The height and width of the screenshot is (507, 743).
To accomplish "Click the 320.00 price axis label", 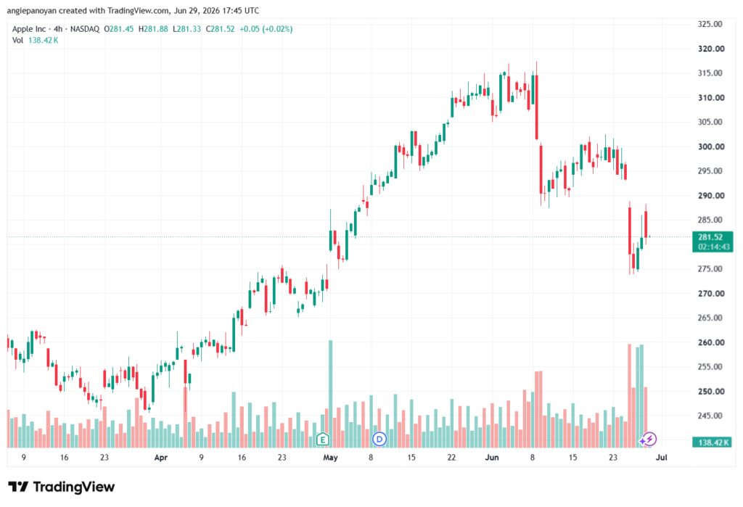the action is pyautogui.click(x=711, y=49).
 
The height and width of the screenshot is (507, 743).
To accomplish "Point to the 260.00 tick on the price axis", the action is pyautogui.click(x=711, y=342).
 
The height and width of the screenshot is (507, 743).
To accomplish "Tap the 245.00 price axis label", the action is pyautogui.click(x=711, y=416).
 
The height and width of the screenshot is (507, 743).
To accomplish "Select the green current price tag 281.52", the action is pyautogui.click(x=710, y=237).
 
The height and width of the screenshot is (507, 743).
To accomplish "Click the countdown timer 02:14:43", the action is pyautogui.click(x=713, y=247).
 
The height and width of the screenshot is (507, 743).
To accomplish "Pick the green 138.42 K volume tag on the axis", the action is pyautogui.click(x=713, y=442).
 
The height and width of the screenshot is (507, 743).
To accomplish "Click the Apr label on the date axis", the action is pyautogui.click(x=161, y=458).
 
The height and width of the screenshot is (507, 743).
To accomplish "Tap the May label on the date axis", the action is pyautogui.click(x=330, y=458).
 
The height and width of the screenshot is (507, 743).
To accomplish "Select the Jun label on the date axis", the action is pyautogui.click(x=492, y=458).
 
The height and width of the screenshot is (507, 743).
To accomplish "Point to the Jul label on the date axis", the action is pyautogui.click(x=662, y=458).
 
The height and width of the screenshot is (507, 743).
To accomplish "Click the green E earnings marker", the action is pyautogui.click(x=323, y=440).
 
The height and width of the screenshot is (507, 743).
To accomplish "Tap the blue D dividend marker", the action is pyautogui.click(x=379, y=440).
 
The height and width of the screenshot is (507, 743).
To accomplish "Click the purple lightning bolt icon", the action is pyautogui.click(x=649, y=439).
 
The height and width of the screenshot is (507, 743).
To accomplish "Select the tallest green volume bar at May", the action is pyautogui.click(x=330, y=394).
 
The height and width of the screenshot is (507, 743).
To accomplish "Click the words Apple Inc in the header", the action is pyautogui.click(x=29, y=29).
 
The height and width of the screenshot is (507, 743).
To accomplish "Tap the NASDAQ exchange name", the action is pyautogui.click(x=85, y=29).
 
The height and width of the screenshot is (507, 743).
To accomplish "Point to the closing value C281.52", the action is pyautogui.click(x=221, y=29).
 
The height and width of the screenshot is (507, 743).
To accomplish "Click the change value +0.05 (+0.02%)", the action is pyautogui.click(x=266, y=29).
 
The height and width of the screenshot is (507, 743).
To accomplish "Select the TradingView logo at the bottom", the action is pyautogui.click(x=62, y=487).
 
